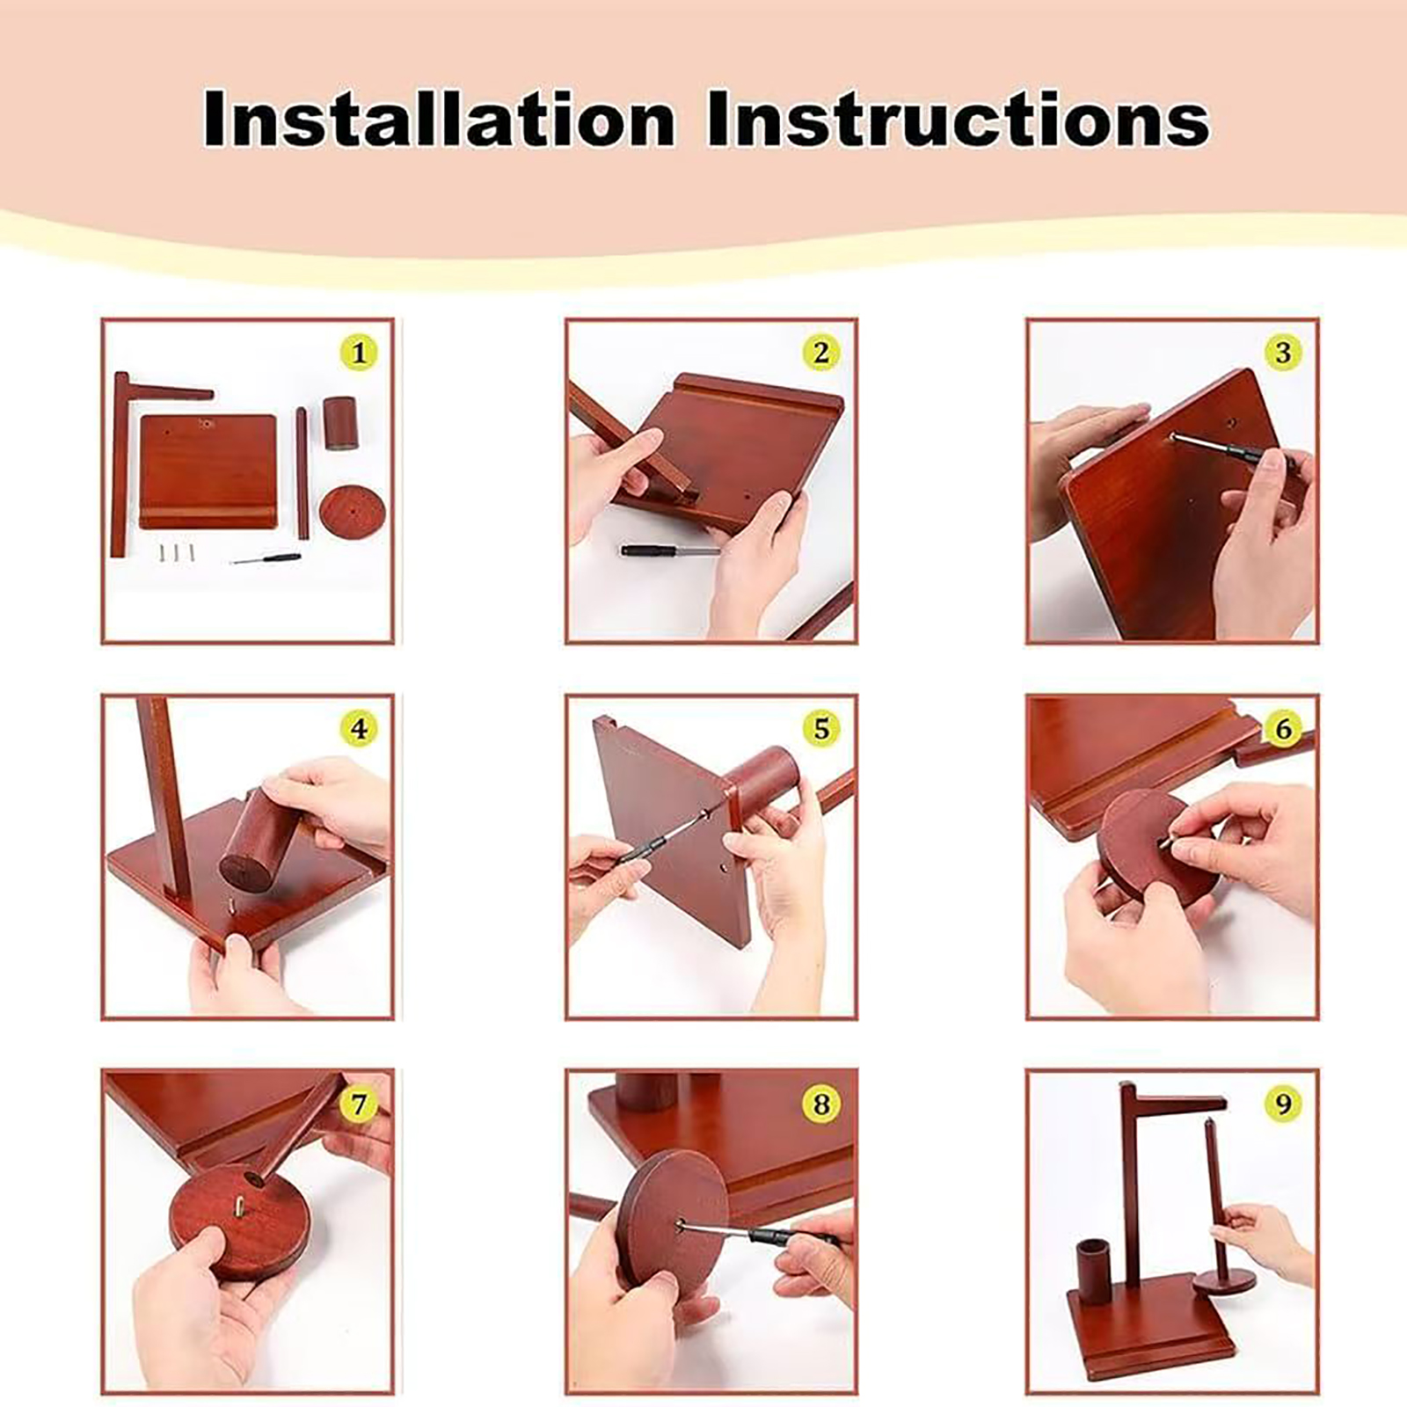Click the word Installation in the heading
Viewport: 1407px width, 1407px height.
click(x=439, y=119)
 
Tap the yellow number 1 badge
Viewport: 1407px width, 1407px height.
click(x=359, y=353)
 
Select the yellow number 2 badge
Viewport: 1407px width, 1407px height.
click(x=821, y=353)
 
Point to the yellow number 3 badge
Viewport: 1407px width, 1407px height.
click(x=1283, y=353)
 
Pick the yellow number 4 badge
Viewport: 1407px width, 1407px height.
click(x=359, y=729)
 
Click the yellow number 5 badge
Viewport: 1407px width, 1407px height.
click(x=821, y=729)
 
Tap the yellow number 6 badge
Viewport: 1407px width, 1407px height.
click(x=1283, y=729)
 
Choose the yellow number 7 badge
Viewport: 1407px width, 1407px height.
click(x=359, y=1104)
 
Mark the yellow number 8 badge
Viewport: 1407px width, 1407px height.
click(x=821, y=1104)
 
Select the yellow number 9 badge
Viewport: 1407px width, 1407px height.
click(x=1283, y=1104)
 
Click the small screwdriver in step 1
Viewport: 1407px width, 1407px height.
click(x=265, y=558)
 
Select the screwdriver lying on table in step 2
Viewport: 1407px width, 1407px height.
click(x=670, y=551)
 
